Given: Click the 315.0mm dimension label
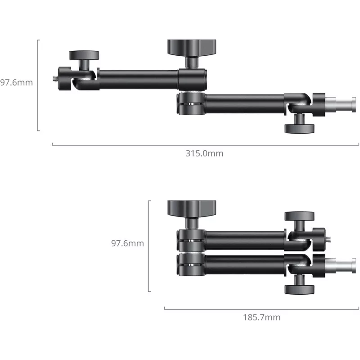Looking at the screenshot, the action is click(204, 153).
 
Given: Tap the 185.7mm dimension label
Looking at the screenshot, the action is click(262, 317).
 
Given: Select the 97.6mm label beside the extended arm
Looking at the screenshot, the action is click(16, 82).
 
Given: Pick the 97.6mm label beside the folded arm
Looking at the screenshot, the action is click(127, 243).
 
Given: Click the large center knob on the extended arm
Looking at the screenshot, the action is click(192, 48).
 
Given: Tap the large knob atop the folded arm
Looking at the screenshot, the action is click(192, 208).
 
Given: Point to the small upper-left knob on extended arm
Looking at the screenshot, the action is click(84, 55).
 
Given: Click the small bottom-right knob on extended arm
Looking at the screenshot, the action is click(299, 129).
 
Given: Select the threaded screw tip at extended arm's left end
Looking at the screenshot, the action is click(55, 79).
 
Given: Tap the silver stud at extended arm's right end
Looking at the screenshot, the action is click(341, 104).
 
